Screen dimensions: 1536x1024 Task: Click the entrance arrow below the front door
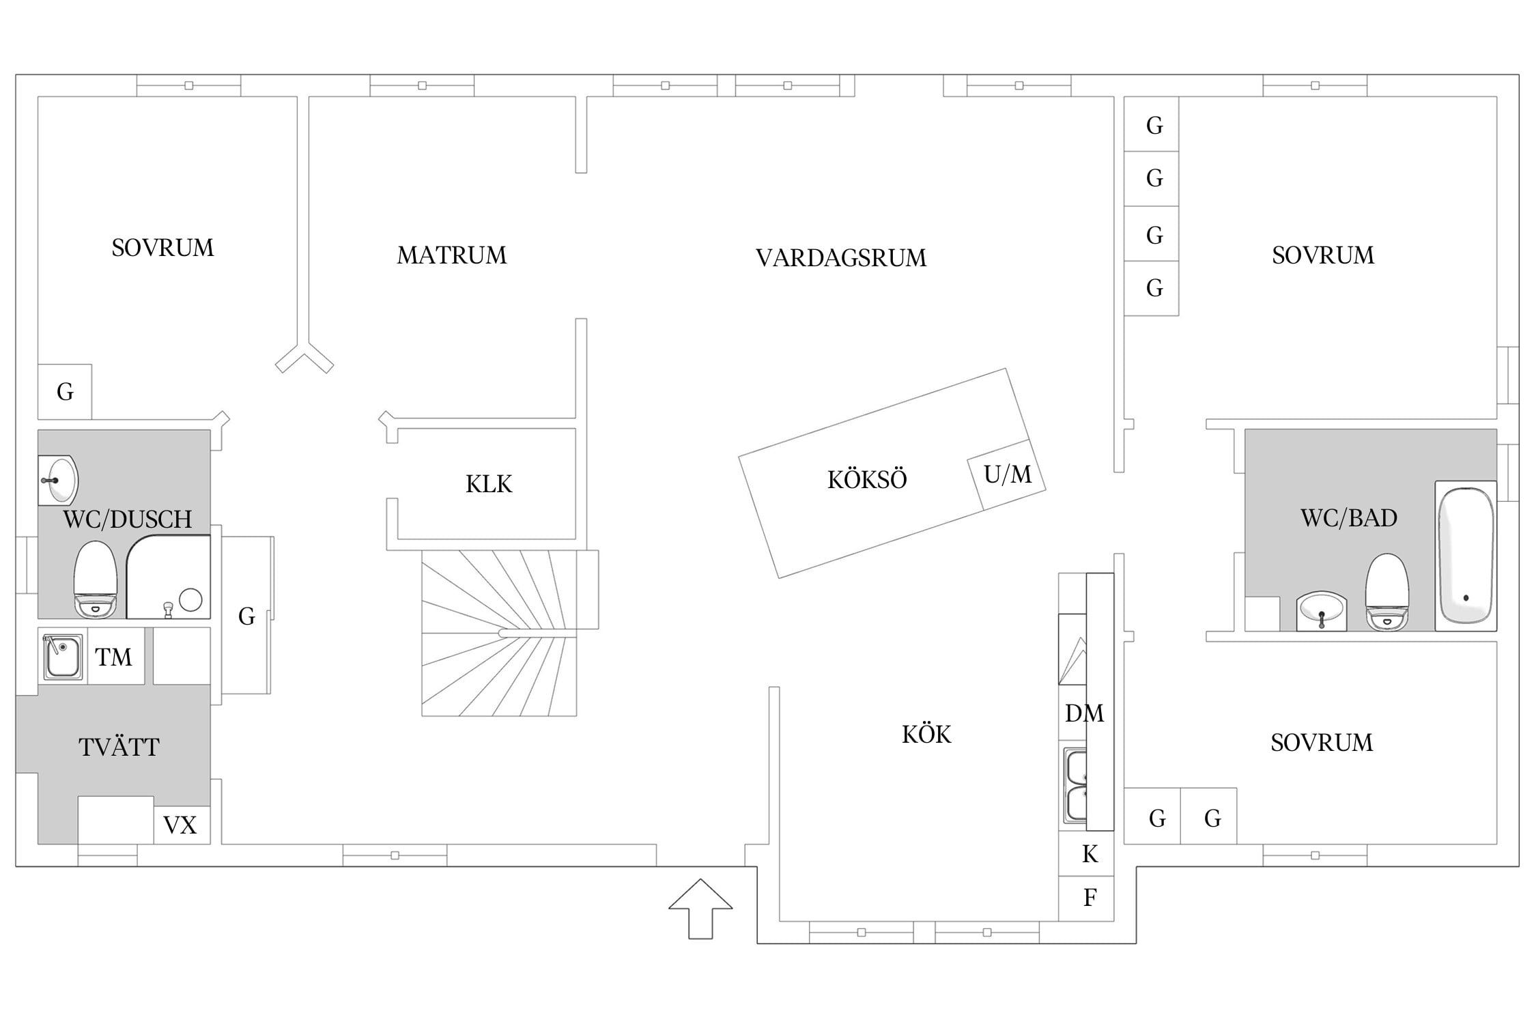coord(700,908)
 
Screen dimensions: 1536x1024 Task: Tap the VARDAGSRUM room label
coord(841,257)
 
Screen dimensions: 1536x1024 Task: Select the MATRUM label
coord(452,255)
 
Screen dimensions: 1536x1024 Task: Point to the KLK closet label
coord(489,484)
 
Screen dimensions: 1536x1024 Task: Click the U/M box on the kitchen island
coord(1007,474)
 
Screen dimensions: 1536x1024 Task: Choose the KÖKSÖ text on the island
coord(867,479)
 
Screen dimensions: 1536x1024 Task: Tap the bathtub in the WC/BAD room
coord(1466,556)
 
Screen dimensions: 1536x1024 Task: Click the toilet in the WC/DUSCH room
coord(96,579)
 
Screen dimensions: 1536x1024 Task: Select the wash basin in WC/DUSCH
coord(58,481)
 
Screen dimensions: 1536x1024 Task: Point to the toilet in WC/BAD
coord(1386,591)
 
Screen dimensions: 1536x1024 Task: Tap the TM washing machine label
coord(113,657)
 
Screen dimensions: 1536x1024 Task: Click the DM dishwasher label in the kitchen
coord(1084,713)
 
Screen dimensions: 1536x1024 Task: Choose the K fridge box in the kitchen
coord(1086,853)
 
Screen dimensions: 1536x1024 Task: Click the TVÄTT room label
coord(119,748)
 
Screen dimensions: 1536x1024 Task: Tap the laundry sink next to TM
coord(63,657)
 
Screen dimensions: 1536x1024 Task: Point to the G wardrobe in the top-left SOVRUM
coord(65,392)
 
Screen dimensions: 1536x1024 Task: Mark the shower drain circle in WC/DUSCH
coord(190,600)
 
